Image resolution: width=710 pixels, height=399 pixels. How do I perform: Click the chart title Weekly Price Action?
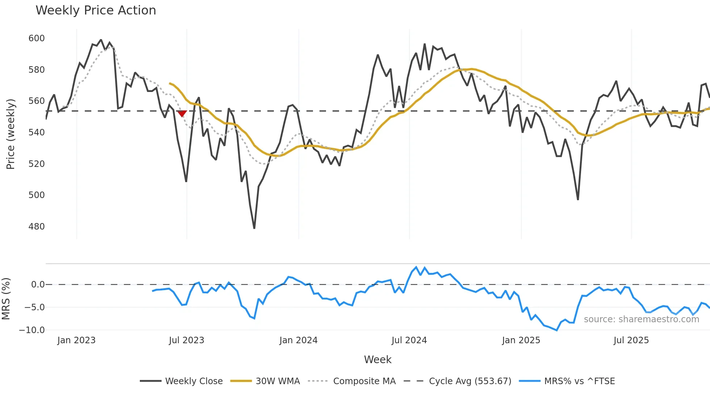96,10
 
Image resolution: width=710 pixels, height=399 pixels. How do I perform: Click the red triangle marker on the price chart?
182,114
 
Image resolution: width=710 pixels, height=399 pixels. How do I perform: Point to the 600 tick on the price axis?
37,38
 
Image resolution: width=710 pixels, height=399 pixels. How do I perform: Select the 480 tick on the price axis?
37,227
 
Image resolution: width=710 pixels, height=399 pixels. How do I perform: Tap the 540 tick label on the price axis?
37,133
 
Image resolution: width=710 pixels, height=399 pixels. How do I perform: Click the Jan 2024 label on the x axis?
298,340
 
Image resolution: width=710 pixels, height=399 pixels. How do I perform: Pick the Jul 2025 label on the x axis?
631,340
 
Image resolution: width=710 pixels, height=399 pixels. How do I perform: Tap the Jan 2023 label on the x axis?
76,340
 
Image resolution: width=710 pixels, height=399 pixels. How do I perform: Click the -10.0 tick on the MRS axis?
32,330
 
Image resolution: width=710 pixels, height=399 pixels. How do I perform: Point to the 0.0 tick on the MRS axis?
38,285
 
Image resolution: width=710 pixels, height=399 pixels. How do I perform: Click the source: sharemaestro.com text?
641,319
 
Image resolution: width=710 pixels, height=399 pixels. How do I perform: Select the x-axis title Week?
377,360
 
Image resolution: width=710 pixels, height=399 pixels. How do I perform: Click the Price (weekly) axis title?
11,134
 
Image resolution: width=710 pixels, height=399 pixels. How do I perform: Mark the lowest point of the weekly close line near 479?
254,228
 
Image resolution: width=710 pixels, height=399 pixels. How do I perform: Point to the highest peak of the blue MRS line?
416,267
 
